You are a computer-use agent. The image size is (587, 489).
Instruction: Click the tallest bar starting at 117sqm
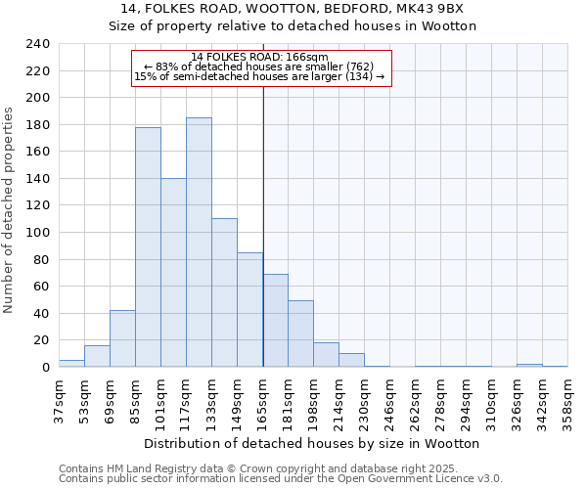(x=199, y=243)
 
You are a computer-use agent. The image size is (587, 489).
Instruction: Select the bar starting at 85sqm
(x=148, y=246)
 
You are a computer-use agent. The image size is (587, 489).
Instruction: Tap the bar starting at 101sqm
(x=173, y=273)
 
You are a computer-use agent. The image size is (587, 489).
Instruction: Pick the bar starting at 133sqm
(x=224, y=292)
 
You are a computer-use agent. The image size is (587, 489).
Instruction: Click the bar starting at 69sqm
(x=122, y=338)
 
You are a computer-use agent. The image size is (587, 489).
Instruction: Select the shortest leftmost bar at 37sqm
(x=71, y=363)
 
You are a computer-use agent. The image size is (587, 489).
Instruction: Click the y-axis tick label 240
(x=37, y=44)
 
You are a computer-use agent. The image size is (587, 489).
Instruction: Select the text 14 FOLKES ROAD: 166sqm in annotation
(x=259, y=58)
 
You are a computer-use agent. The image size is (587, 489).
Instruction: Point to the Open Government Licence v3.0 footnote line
(x=281, y=479)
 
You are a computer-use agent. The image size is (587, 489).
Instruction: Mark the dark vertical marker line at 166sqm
(x=263, y=225)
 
